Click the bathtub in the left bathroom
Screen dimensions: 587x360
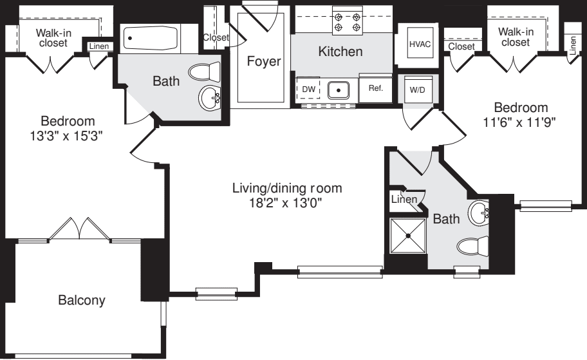(152, 38)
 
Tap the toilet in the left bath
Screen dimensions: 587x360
(205, 71)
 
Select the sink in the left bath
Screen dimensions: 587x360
(210, 98)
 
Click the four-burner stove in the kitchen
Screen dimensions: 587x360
(348, 21)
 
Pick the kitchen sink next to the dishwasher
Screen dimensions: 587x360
(339, 90)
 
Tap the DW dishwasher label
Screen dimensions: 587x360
(308, 90)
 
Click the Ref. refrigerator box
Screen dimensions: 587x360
(375, 88)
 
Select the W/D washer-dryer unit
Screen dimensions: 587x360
(418, 90)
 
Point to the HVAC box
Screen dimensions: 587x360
(420, 44)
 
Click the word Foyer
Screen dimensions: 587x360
(263, 61)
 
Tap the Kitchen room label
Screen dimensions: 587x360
(340, 52)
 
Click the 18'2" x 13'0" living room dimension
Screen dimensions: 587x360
(286, 203)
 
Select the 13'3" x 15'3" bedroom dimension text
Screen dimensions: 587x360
(66, 136)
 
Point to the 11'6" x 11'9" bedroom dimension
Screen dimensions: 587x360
(519, 122)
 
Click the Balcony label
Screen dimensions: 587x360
(82, 300)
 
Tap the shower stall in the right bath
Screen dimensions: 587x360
(407, 236)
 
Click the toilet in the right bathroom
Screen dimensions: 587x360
(473, 246)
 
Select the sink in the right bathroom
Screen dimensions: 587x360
(478, 213)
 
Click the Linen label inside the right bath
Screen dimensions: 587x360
(404, 199)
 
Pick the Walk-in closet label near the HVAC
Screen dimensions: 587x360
(516, 37)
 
